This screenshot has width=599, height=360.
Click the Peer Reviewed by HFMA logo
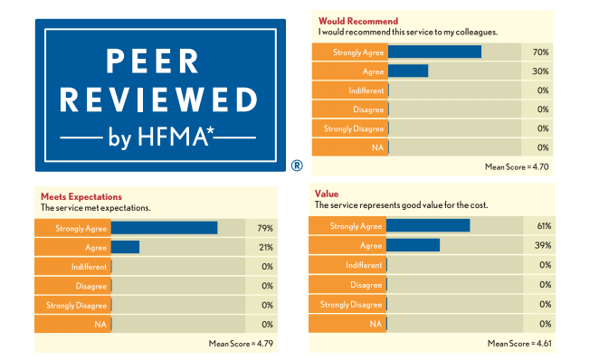pyautogui.click(x=159, y=95)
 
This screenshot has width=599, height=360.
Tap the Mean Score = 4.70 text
pyautogui.click(x=517, y=166)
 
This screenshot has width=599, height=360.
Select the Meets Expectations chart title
pyautogui.click(x=81, y=195)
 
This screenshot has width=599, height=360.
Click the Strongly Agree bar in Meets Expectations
pyautogui.click(x=165, y=228)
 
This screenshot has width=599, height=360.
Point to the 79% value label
pyautogui.click(x=265, y=228)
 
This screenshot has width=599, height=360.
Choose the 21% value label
pyautogui.click(x=265, y=247)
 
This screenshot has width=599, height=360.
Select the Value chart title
pyautogui.click(x=327, y=194)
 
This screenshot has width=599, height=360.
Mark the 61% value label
pyautogui.click(x=544, y=225)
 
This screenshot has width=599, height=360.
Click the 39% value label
pyautogui.click(x=544, y=245)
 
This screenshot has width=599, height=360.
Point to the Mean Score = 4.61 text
pyautogui.click(x=519, y=343)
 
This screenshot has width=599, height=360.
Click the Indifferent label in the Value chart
pyautogui.click(x=365, y=265)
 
